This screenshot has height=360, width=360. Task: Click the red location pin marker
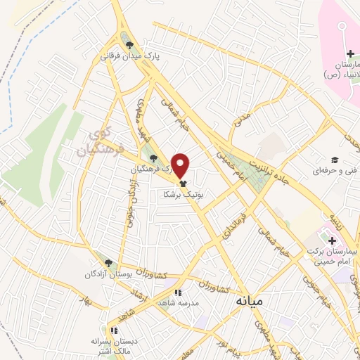pyautogui.click(x=181, y=165)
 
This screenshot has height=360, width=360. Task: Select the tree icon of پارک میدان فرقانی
pyautogui.click(x=129, y=45)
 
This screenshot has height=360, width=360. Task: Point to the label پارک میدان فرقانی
pyautogui.click(x=129, y=56)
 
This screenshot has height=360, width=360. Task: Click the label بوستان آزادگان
pyautogui.click(x=109, y=274)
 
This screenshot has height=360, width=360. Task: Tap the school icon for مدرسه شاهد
pyautogui.click(x=179, y=292)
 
